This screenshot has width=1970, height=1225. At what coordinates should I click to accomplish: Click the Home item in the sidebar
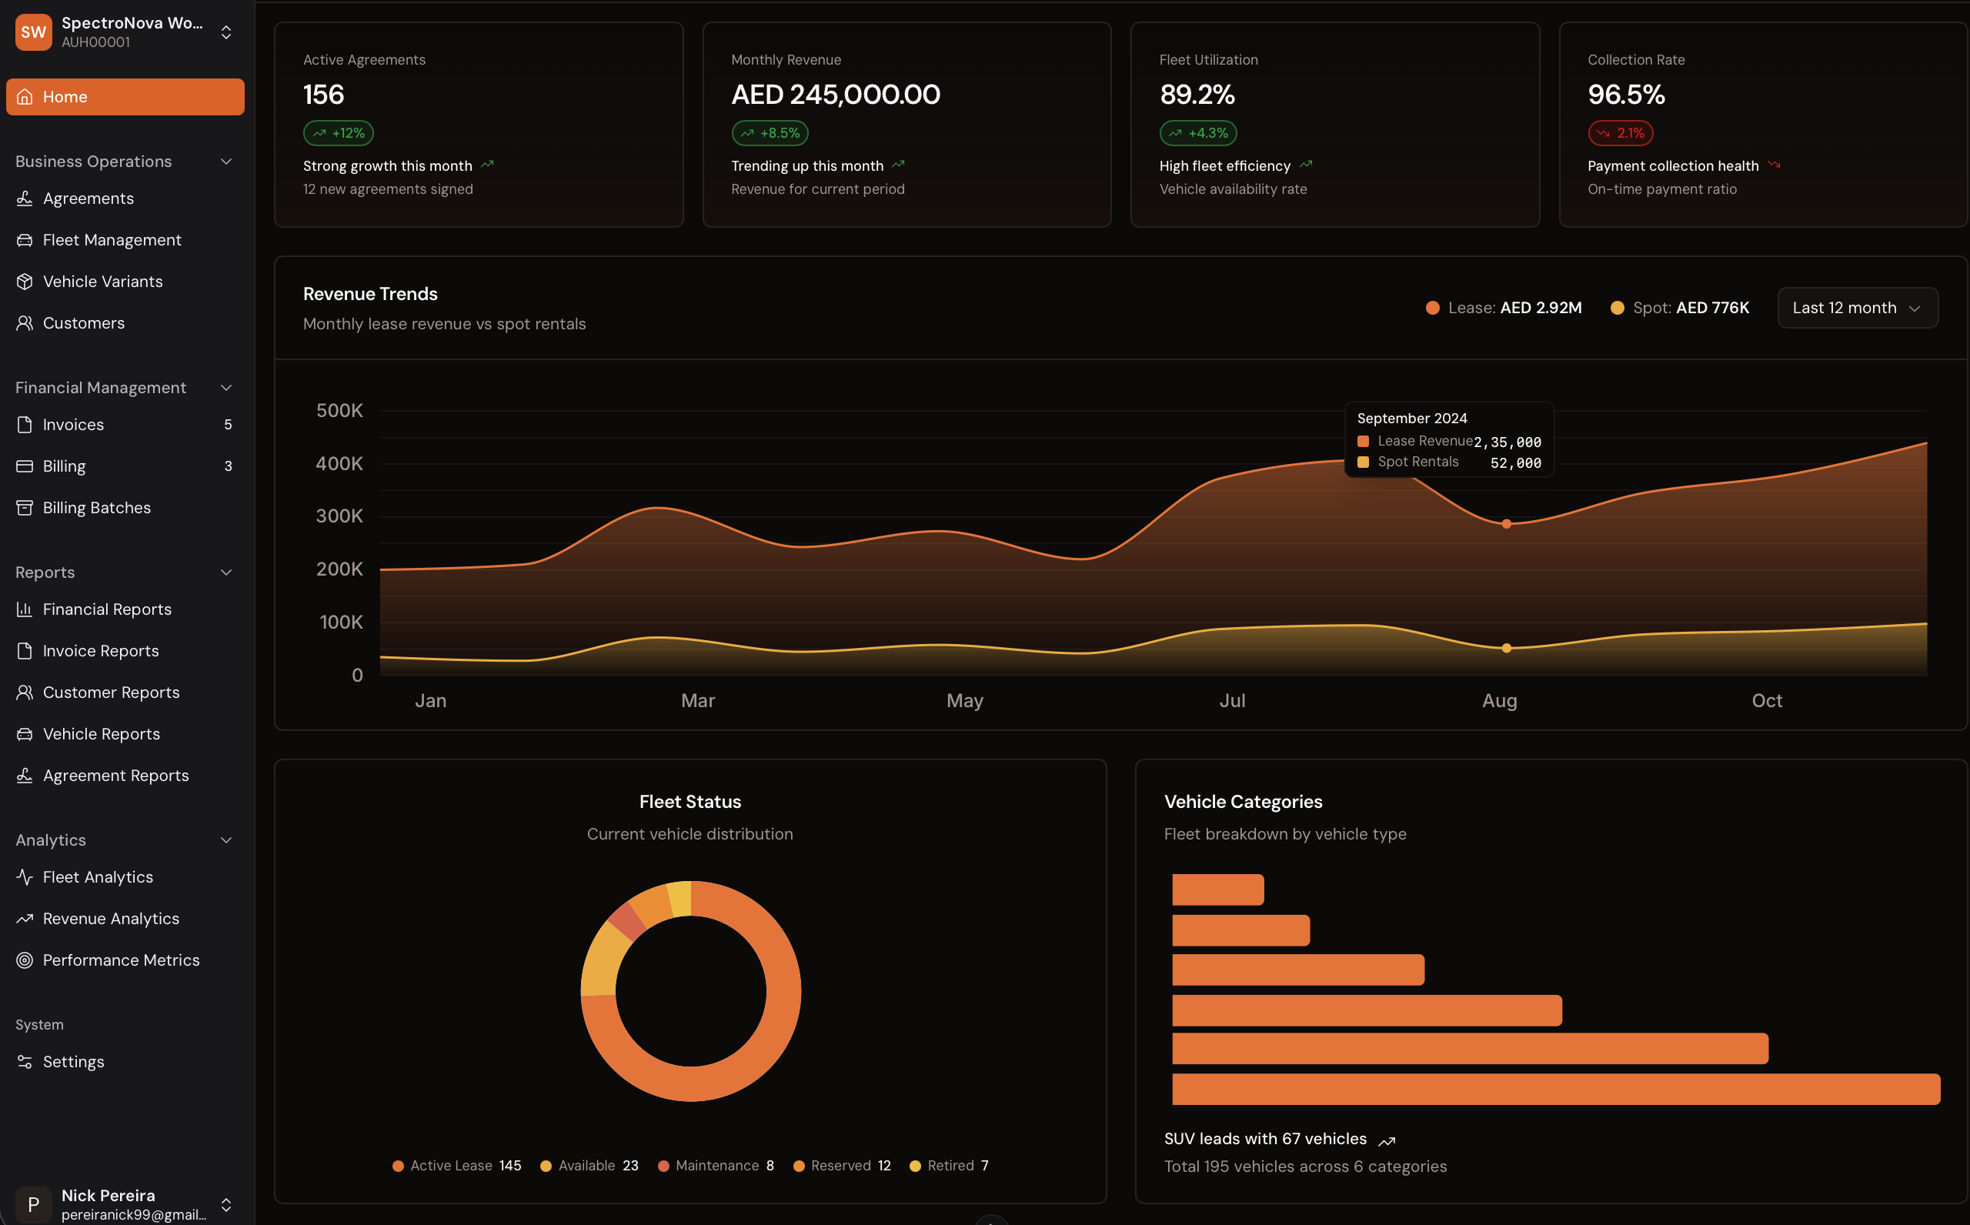pos(125,96)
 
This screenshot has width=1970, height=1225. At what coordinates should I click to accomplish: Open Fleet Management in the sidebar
pos(111,240)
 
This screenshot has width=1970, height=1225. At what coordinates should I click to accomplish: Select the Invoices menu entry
pos(73,425)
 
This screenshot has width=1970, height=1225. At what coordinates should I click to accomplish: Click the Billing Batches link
pos(96,508)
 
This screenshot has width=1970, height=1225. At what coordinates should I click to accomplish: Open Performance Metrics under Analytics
pos(121,960)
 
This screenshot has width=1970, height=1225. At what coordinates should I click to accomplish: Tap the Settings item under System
pos(73,1061)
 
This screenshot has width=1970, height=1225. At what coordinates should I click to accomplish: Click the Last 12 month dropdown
pos(1857,308)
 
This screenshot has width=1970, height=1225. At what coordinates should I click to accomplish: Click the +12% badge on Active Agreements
pos(339,133)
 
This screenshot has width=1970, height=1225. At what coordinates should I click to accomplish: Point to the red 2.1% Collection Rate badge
pos(1620,133)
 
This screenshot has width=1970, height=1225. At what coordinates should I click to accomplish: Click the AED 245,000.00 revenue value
pos(835,95)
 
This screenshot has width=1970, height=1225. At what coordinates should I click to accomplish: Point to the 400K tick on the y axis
pos(339,463)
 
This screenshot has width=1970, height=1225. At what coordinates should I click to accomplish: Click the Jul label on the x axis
pos(1232,701)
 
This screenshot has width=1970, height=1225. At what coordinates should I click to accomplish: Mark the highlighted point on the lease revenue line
pos(1507,524)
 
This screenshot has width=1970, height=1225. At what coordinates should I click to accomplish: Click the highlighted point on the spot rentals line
pos(1507,648)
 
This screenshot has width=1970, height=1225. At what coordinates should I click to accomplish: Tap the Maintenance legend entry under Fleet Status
pos(716,1165)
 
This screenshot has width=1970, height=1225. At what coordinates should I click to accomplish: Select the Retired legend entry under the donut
pos(950,1165)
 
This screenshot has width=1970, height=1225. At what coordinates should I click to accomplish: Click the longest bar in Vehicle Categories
pos(1555,1089)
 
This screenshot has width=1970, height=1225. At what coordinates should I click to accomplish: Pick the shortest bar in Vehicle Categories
pos(1217,890)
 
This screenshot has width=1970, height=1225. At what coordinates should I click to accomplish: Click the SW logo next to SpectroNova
pos(33,32)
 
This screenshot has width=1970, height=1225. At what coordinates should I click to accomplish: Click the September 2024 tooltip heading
pos(1412,418)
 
